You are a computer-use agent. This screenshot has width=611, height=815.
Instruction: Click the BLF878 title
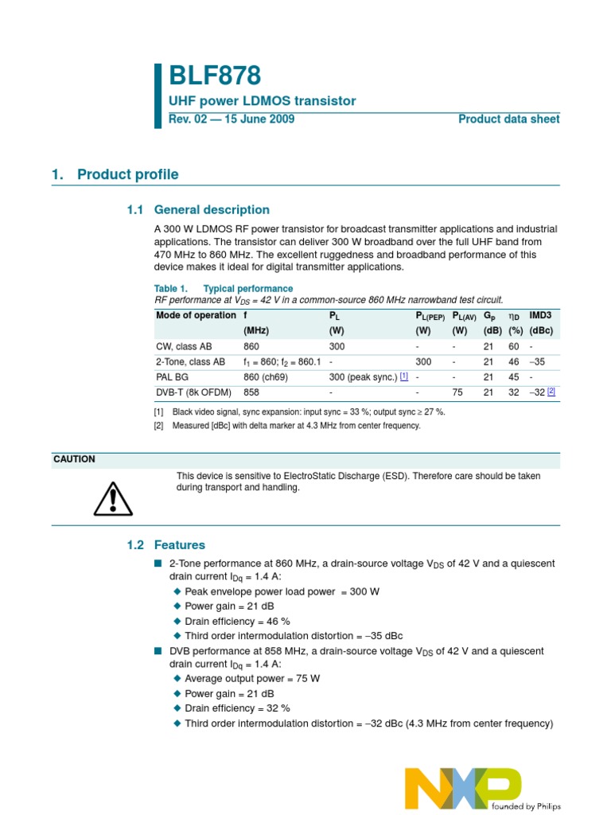click(x=215, y=76)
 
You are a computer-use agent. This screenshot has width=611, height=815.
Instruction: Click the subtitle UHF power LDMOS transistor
click(x=263, y=101)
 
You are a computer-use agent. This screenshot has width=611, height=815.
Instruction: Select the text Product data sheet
click(x=508, y=119)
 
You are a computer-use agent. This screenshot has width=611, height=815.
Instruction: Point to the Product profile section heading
click(x=127, y=174)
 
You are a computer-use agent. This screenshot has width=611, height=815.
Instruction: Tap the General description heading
click(x=211, y=210)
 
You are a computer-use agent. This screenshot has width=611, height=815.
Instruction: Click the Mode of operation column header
click(x=196, y=315)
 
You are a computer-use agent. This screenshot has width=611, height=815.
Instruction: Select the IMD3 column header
click(x=540, y=315)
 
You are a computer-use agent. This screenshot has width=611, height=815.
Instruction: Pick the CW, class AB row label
click(x=184, y=347)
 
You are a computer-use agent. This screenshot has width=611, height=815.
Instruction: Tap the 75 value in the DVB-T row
click(x=457, y=392)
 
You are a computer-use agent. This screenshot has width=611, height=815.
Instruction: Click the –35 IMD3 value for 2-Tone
click(x=537, y=362)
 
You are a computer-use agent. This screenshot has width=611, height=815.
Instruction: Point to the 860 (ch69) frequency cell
click(x=266, y=377)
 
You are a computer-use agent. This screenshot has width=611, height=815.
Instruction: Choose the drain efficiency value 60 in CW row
click(x=514, y=347)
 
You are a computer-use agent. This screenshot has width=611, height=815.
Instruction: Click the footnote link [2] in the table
click(x=551, y=392)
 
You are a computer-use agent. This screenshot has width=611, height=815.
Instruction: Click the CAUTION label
click(x=74, y=459)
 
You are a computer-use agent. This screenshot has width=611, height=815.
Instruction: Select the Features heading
click(x=179, y=545)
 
